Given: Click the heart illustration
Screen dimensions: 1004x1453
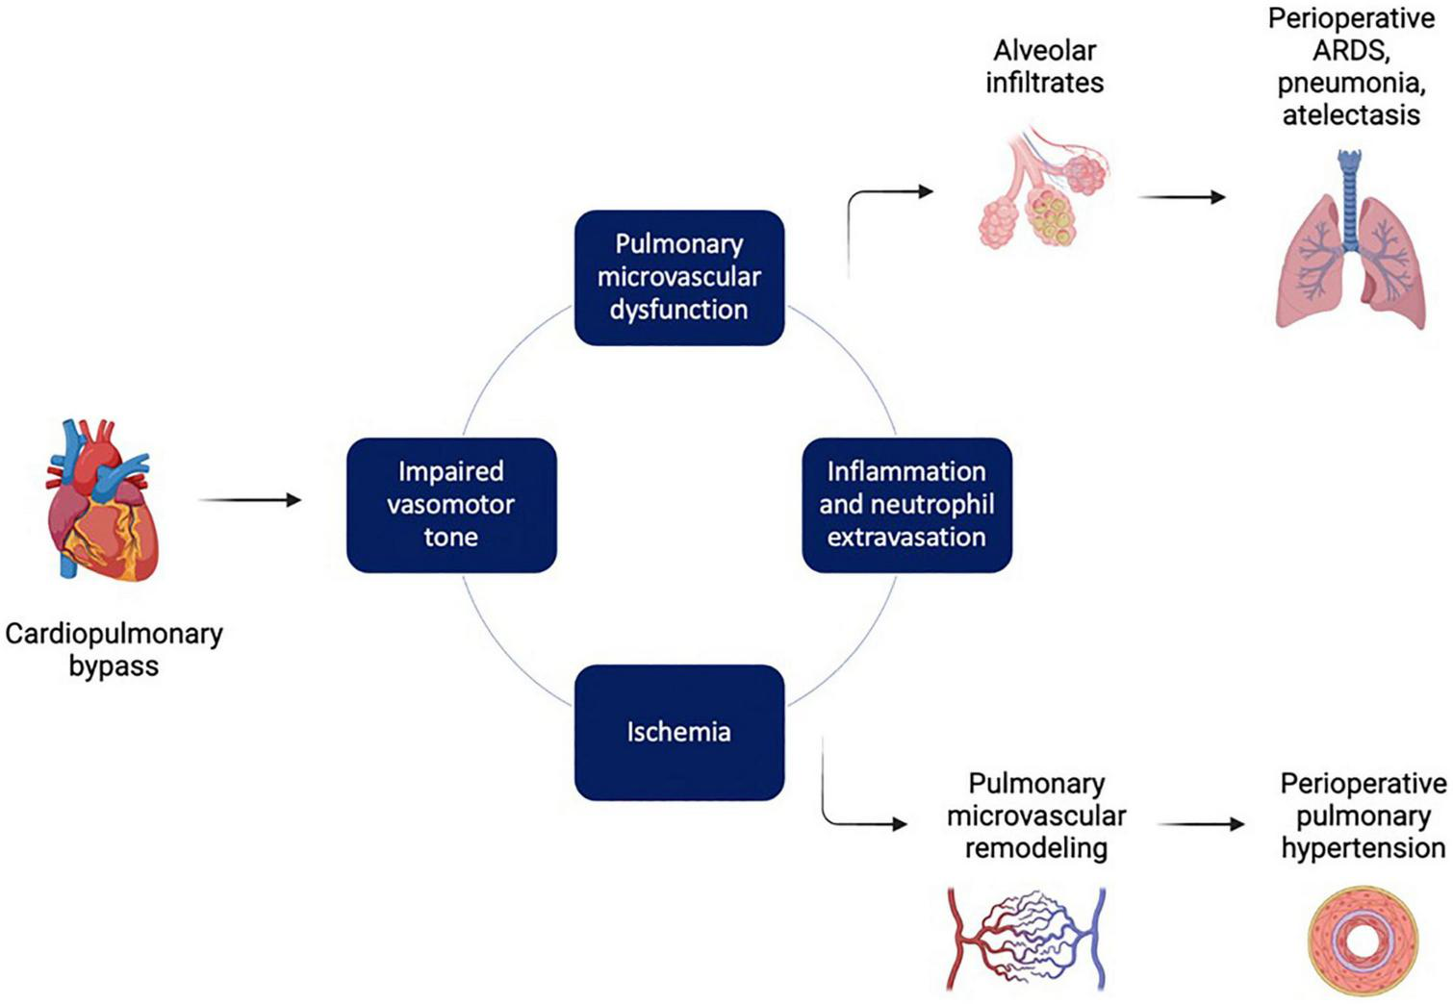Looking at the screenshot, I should coord(101,500).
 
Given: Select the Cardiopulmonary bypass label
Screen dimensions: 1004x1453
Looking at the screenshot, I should coord(114,649).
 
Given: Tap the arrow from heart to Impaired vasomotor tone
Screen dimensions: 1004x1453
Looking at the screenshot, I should coord(249,499).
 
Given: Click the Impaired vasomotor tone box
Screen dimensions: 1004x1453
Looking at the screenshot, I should coord(451,505).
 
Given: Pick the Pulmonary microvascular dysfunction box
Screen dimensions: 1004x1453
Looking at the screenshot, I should coord(679,277).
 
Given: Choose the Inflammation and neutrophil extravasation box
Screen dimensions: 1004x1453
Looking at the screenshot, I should coord(906,505).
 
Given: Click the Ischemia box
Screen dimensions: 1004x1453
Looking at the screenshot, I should coord(679,732).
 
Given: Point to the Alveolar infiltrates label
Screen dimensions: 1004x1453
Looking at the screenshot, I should coord(1044,66).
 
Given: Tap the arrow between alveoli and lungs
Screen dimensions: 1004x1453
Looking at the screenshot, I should coord(1182,197).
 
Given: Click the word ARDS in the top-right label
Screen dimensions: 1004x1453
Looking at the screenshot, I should coord(1350,51).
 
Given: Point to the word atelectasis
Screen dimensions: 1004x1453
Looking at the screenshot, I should coord(1350,115).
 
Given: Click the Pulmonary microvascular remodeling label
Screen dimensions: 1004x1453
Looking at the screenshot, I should coord(1036,816).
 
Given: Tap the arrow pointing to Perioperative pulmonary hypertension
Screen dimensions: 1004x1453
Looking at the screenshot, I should coord(1200,824).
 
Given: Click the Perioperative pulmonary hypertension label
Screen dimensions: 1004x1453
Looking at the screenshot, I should coord(1363,816).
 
